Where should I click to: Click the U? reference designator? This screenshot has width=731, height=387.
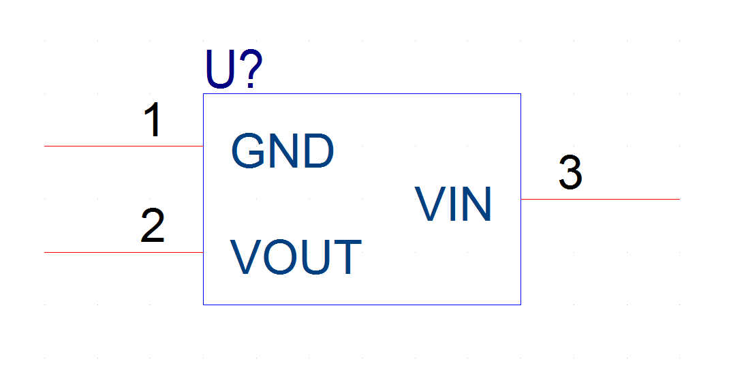click(234, 69)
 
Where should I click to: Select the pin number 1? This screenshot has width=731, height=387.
click(153, 119)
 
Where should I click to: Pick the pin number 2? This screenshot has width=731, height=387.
click(153, 226)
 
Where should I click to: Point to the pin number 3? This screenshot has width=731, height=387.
click(570, 172)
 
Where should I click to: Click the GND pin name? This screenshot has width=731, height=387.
click(283, 151)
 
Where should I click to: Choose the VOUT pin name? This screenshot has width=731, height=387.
click(296, 257)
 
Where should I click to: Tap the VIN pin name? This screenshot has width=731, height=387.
click(453, 204)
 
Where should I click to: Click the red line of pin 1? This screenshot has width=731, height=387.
click(123, 146)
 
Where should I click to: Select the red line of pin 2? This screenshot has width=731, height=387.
click(123, 252)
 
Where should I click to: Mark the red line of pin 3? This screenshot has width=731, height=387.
click(600, 199)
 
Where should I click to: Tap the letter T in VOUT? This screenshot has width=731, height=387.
click(347, 257)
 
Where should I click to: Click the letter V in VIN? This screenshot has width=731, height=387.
click(430, 204)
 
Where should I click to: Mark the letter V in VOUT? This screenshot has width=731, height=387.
click(246, 257)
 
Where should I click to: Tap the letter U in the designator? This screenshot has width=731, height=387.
click(220, 69)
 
